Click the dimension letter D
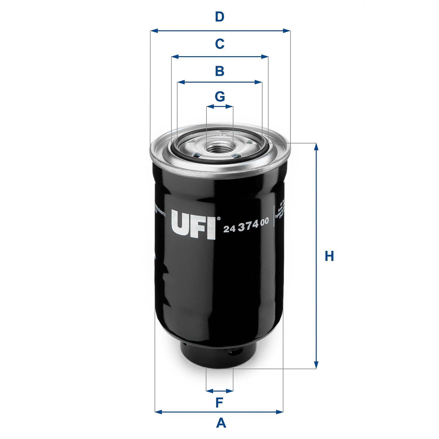coord(220,17)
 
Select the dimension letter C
coord(220,44)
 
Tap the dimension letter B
coord(220,71)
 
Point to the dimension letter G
coord(220,96)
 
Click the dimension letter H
coord(329,256)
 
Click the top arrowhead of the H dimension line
coord(316,146)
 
